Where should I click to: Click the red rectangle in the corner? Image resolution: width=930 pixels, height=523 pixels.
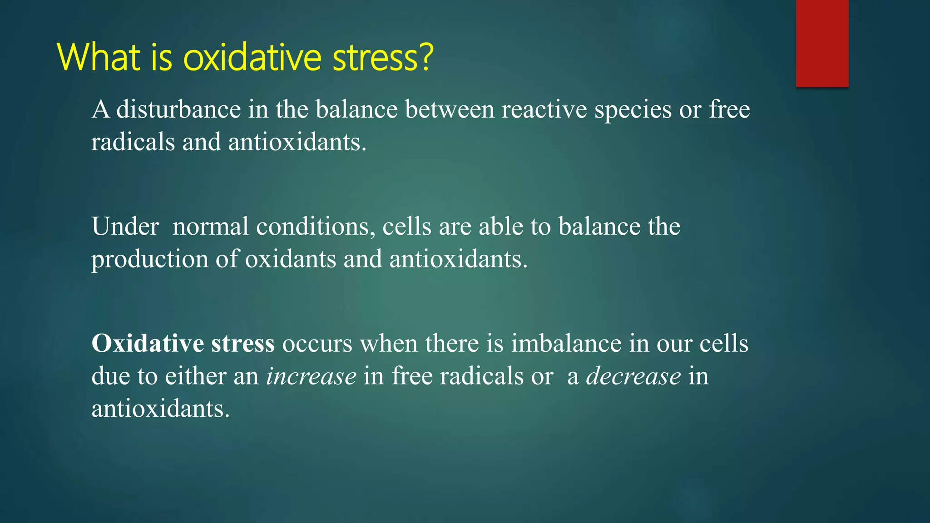[822, 43]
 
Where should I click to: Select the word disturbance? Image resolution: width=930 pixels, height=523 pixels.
[178, 109]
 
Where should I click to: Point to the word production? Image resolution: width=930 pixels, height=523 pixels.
[149, 260]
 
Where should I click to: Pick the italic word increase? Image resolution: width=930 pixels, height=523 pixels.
[311, 376]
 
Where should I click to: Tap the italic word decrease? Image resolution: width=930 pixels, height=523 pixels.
[633, 376]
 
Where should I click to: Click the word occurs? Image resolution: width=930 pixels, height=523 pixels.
[317, 344]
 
